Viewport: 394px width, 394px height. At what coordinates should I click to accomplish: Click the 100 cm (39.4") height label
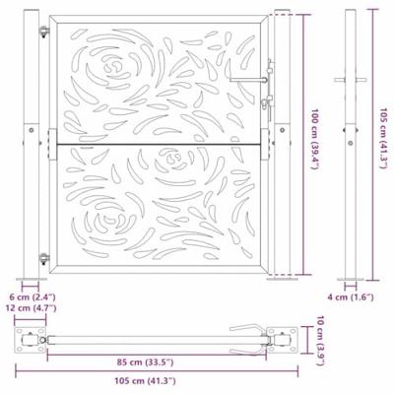pos(315,139)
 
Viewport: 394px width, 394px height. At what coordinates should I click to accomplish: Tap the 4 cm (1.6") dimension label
pos(351,297)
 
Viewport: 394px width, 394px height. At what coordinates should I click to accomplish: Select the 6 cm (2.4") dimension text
pos(33,297)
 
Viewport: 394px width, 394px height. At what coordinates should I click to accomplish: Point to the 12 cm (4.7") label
pos(33,308)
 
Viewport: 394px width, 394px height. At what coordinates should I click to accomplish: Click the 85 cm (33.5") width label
pos(145,362)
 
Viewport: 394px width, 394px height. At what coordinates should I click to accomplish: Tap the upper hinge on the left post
pos(44,32)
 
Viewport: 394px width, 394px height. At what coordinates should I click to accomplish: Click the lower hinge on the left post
pos(44,258)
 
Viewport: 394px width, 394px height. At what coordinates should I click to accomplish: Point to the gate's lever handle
pos(249,79)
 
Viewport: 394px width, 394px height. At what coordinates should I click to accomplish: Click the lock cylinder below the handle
pos(264,104)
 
